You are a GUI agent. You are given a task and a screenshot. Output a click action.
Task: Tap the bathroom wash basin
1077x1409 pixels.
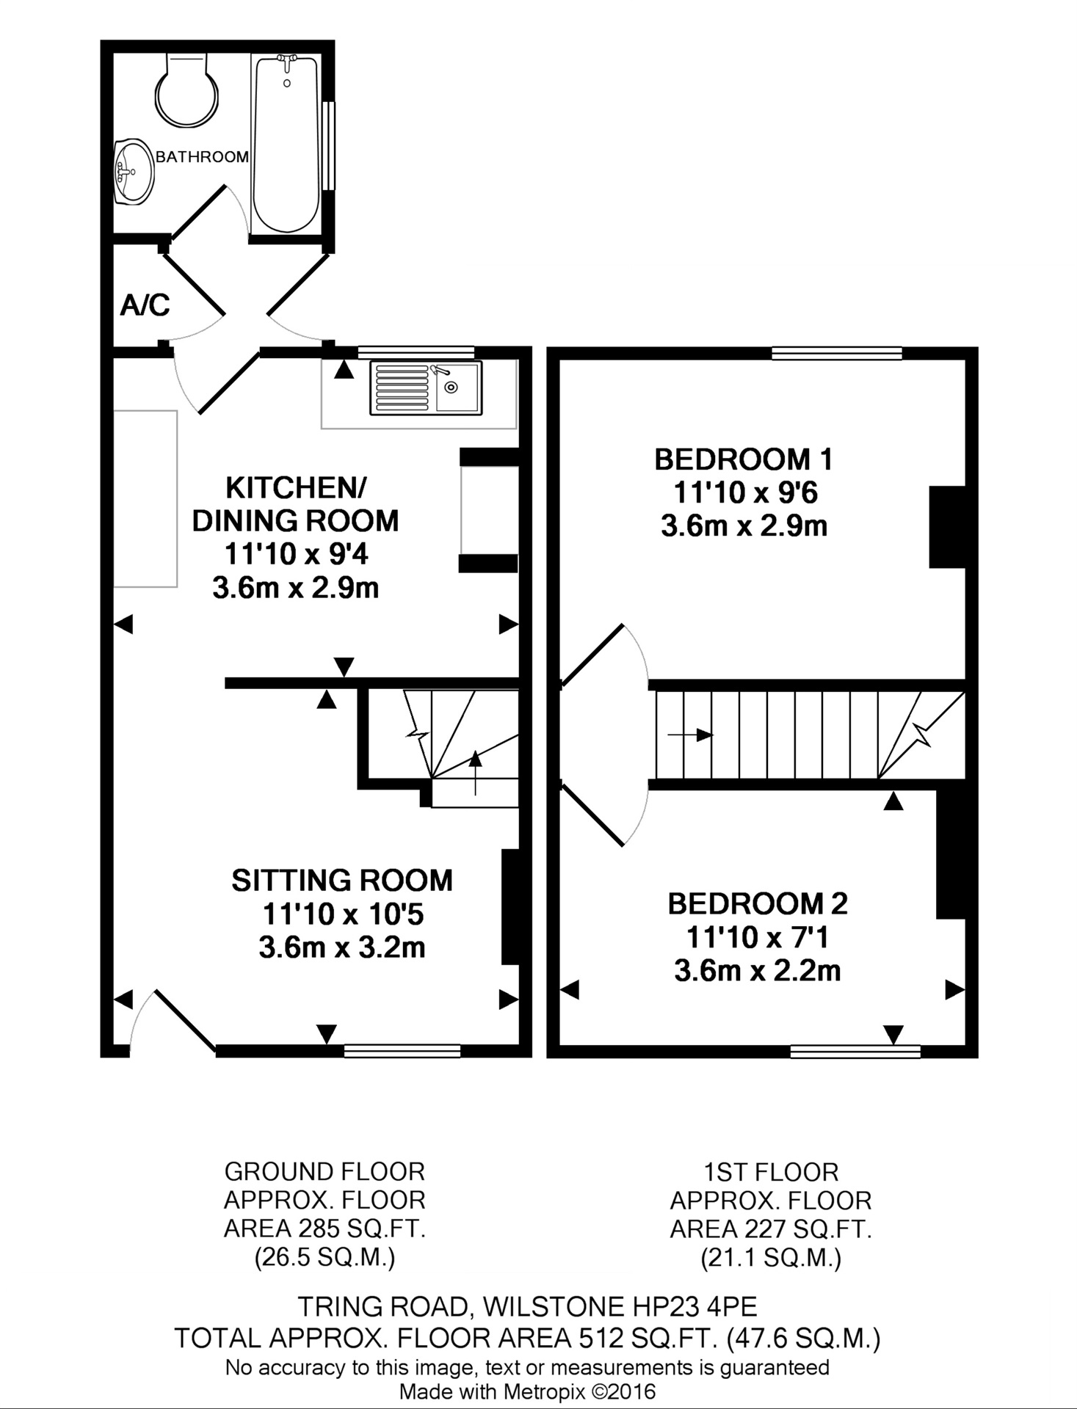[134, 172]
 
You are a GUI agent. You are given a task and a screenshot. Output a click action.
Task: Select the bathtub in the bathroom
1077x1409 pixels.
[286, 144]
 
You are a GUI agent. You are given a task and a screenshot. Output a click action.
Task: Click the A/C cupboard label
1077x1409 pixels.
[145, 305]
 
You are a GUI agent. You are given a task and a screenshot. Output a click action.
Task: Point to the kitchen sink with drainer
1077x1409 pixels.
[426, 387]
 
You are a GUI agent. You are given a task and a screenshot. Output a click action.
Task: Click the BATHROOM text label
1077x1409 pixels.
[202, 156]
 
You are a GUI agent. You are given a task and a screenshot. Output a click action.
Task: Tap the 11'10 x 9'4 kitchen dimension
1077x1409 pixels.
[297, 554]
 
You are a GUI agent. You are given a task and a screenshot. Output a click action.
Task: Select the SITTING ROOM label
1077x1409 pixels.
[342, 880]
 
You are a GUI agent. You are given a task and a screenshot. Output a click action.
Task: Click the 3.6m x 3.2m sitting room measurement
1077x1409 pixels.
[342, 947]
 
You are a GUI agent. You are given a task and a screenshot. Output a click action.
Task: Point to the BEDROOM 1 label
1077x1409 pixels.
[744, 459]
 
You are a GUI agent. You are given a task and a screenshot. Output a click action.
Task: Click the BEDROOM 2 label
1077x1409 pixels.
[758, 903]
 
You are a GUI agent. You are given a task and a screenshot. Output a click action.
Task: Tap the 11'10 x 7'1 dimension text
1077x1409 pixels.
[757, 937]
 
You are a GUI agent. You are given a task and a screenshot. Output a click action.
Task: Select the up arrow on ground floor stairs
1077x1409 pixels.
[476, 773]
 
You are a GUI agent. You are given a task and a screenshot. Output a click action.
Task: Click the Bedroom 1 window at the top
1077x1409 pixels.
[837, 354]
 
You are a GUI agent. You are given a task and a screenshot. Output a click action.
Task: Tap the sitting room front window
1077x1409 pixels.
[402, 1051]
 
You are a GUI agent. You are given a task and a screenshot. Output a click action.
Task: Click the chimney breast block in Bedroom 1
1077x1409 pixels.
[947, 527]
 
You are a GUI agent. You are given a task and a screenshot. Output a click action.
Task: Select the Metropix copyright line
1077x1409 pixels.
[527, 1391]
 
